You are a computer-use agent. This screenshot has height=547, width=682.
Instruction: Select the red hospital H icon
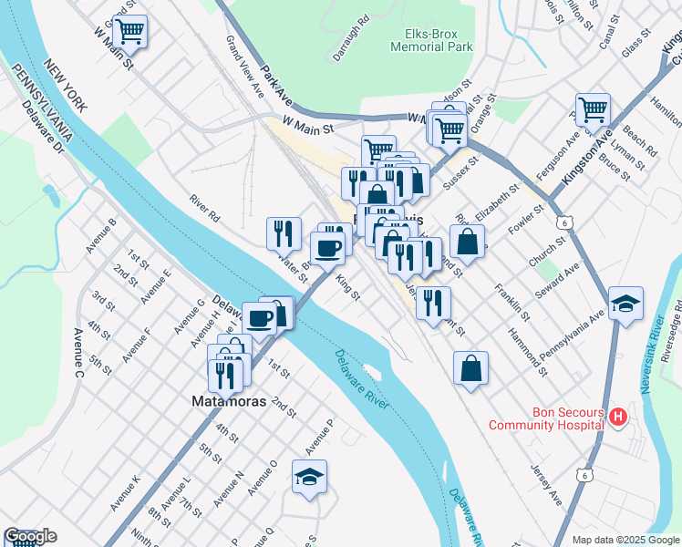tap(618, 418)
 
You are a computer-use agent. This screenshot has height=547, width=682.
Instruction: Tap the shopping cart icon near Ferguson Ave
tap(593, 109)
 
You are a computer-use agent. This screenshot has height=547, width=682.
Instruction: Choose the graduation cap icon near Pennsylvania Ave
tap(626, 304)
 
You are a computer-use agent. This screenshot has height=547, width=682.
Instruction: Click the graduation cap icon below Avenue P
tap(310, 477)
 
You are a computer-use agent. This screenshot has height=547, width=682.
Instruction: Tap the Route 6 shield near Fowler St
tap(566, 222)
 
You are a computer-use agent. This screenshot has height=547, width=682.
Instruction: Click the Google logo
tap(29, 537)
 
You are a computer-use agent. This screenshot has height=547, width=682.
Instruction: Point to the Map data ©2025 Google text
tap(625, 540)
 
